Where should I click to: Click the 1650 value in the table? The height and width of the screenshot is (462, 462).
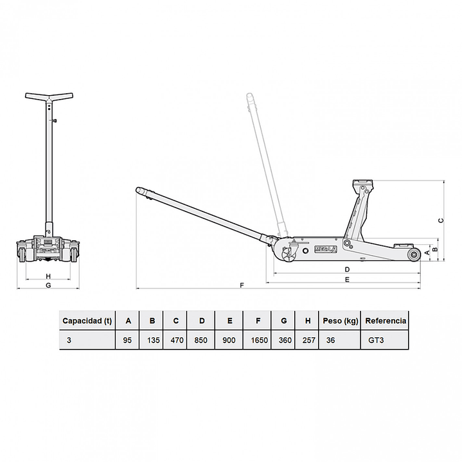(x=259, y=341)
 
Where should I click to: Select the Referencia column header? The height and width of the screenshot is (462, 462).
(x=386, y=321)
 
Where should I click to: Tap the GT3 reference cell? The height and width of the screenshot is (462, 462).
(x=376, y=341)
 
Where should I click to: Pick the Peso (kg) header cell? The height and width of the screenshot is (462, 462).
(x=341, y=321)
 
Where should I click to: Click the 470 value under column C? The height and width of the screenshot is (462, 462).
(x=177, y=341)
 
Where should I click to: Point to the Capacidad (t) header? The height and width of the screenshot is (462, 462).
(x=87, y=321)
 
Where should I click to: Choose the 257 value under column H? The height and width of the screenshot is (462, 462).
(x=308, y=341)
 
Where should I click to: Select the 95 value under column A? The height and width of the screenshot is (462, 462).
(x=127, y=341)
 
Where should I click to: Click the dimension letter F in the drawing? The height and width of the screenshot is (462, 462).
(x=242, y=285)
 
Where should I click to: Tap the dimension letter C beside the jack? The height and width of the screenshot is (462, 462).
(x=441, y=220)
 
